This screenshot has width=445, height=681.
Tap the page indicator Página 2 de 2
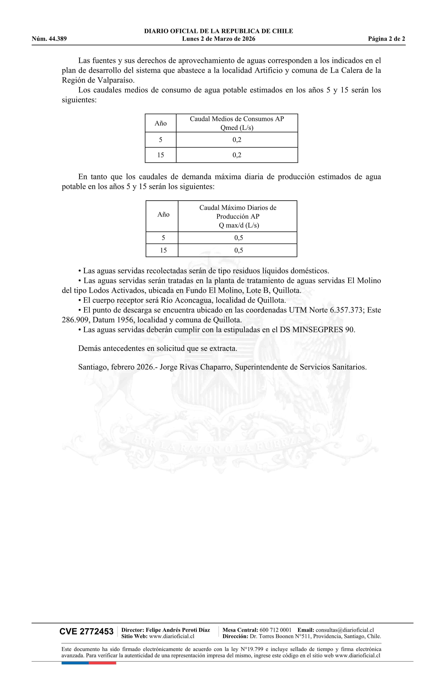[386, 39]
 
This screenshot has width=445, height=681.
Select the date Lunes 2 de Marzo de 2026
[218, 39]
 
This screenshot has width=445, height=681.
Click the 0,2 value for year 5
[237, 140]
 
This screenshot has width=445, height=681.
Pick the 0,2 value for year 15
[237, 155]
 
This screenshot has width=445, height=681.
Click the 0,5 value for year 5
[239, 238]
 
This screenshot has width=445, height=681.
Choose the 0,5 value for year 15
[239, 250]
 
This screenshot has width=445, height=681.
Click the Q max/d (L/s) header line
[239, 225]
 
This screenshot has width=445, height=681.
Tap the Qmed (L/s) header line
[237, 128]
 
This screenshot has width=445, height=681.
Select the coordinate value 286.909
[76, 320]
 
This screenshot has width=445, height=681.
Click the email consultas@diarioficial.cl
[345, 630]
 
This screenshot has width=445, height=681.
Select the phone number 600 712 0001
[275, 630]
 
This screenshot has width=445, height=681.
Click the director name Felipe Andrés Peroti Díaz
[178, 630]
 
